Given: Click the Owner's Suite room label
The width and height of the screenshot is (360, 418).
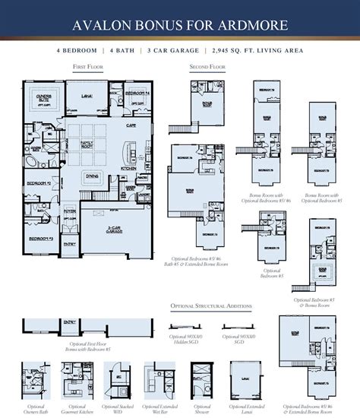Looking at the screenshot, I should pos(43,97).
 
